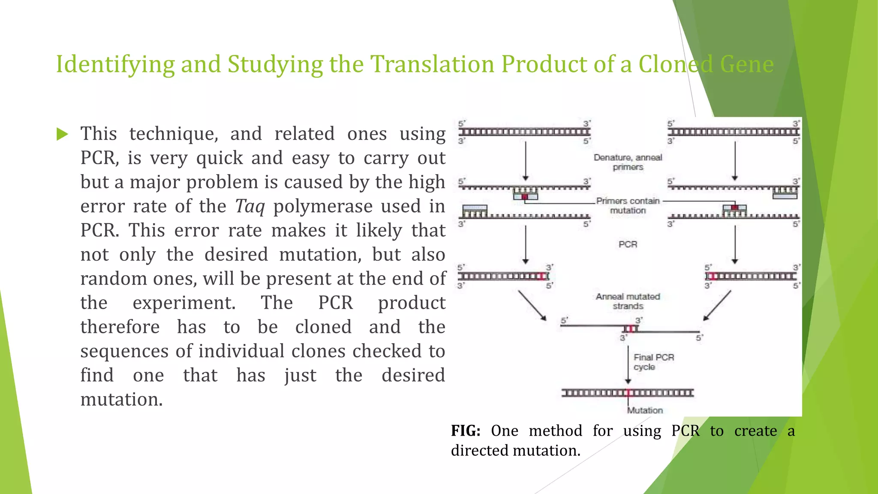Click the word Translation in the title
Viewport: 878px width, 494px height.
(432, 64)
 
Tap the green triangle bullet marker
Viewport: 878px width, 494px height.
(62, 134)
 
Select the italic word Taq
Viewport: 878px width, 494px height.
(250, 206)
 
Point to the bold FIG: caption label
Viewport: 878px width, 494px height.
(466, 431)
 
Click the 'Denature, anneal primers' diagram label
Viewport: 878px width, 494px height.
(628, 162)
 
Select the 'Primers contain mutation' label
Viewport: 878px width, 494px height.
(628, 205)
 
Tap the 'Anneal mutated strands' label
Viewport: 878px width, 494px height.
(628, 301)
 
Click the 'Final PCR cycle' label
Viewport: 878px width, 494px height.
(653, 362)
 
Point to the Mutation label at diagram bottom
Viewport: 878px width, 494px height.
(645, 410)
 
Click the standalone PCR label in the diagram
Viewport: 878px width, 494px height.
(628, 244)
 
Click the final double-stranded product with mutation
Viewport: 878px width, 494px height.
(628, 393)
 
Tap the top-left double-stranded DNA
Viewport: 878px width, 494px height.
(524, 132)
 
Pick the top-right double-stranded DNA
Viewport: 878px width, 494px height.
(734, 132)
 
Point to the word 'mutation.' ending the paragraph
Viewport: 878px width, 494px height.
(121, 399)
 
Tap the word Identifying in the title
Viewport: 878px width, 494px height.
(115, 64)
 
